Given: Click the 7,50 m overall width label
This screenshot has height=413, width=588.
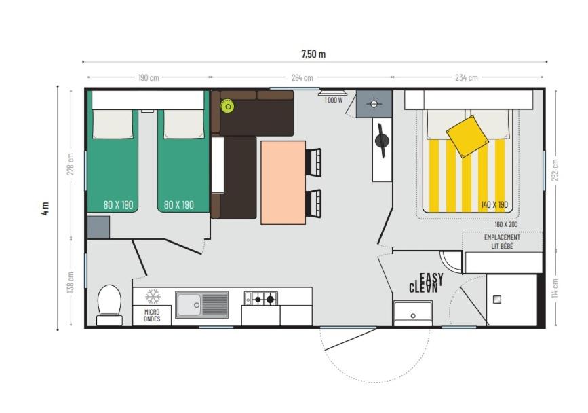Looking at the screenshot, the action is pyautogui.click(x=313, y=54).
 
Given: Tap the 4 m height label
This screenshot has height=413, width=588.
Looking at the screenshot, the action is pyautogui.click(x=45, y=208).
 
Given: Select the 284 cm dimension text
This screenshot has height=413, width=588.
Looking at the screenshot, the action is pyautogui.click(x=302, y=77).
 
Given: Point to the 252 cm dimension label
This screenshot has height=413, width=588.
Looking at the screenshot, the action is pyautogui.click(x=555, y=170).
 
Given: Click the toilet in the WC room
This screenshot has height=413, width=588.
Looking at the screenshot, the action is pyautogui.click(x=109, y=305).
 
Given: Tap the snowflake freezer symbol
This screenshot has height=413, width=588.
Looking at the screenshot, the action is pyautogui.click(x=153, y=296).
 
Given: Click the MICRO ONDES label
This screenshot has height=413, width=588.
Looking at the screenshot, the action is pyautogui.click(x=152, y=315).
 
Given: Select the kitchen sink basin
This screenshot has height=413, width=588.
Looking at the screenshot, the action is pyautogui.click(x=189, y=304).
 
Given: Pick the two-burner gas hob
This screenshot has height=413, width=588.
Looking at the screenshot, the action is pyautogui.click(x=261, y=298).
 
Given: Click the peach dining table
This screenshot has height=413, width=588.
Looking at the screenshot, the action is pyautogui.click(x=283, y=183).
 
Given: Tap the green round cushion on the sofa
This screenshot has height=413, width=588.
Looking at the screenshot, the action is pyautogui.click(x=228, y=107).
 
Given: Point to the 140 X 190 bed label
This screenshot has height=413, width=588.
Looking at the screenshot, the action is pyautogui.click(x=494, y=204).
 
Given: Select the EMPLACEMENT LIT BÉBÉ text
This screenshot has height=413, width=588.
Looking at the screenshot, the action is pyautogui.click(x=502, y=242).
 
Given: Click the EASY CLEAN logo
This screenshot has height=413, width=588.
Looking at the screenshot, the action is pyautogui.click(x=426, y=283).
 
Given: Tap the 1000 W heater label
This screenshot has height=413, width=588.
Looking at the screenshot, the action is pyautogui.click(x=334, y=101).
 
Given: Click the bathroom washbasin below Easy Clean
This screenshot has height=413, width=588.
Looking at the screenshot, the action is pyautogui.click(x=413, y=313).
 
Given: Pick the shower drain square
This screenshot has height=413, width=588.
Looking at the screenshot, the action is pyautogui.click(x=497, y=300).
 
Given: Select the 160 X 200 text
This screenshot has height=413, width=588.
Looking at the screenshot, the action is pyautogui.click(x=506, y=225).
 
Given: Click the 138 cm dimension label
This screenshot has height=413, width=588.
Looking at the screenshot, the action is pyautogui.click(x=71, y=282).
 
